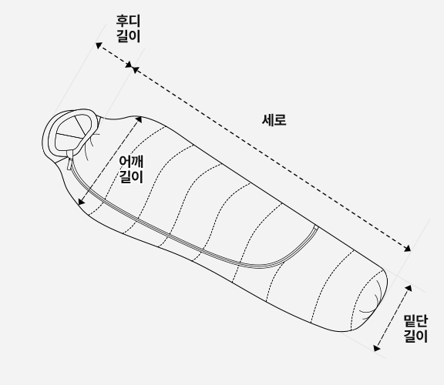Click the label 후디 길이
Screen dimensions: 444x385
click(x=128, y=28)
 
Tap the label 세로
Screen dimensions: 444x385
click(x=274, y=120)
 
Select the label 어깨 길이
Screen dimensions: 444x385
click(x=131, y=169)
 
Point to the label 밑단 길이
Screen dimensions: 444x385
click(x=415, y=329)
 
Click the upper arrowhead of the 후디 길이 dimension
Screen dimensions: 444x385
click(x=99, y=45)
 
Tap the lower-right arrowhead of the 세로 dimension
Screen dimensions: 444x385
click(x=408, y=249)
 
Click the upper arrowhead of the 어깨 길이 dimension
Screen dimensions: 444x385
click(x=139, y=119)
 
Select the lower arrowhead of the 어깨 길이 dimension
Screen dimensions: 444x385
click(x=81, y=202)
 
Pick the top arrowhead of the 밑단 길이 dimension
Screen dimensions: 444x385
click(x=409, y=288)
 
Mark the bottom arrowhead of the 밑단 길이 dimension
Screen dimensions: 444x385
click(x=376, y=348)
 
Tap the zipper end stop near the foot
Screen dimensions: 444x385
click(x=316, y=227)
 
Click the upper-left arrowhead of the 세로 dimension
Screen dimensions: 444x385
click(x=136, y=69)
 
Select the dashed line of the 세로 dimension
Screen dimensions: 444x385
click(x=271, y=159)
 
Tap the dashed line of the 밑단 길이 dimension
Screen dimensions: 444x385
click(x=392, y=318)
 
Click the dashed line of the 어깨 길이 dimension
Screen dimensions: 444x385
click(x=110, y=160)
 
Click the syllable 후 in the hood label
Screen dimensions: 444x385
click(x=122, y=20)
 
